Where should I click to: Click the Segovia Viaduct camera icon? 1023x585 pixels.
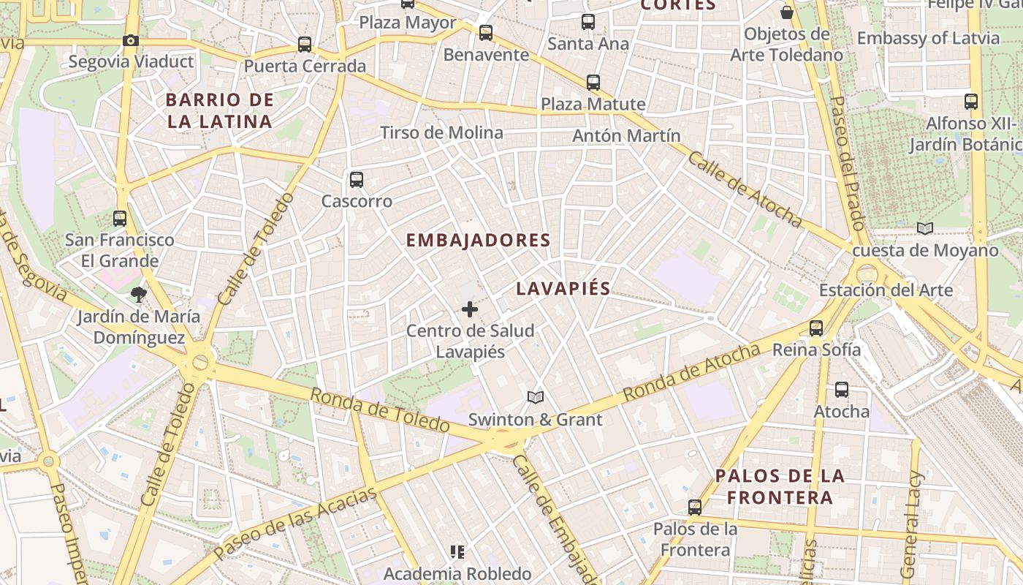[x=131, y=41]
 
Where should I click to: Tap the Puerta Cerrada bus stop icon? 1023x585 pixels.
[x=305, y=45]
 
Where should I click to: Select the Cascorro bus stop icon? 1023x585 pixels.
[x=357, y=179]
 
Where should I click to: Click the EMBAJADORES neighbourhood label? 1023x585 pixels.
[x=478, y=240]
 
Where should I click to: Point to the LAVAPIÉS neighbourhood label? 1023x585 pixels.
[x=563, y=288]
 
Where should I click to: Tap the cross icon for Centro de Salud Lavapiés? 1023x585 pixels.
[x=470, y=309]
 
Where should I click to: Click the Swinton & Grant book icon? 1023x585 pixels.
[x=536, y=397]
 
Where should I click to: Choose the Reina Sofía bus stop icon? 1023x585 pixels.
[x=816, y=328]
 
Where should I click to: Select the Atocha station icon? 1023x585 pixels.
[x=842, y=390]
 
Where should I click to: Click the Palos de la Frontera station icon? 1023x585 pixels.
[x=695, y=507]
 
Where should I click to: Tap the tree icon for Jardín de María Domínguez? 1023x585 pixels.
[x=138, y=295]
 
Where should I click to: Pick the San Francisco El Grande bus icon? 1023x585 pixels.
[x=120, y=218]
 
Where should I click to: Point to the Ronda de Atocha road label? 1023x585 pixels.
[x=691, y=373]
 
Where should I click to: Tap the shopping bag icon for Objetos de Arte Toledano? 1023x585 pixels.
[x=787, y=12]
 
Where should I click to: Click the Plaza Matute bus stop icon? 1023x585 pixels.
[x=593, y=83]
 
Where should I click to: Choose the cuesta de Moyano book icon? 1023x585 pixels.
[x=925, y=228]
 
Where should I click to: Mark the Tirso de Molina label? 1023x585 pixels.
[x=441, y=132]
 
